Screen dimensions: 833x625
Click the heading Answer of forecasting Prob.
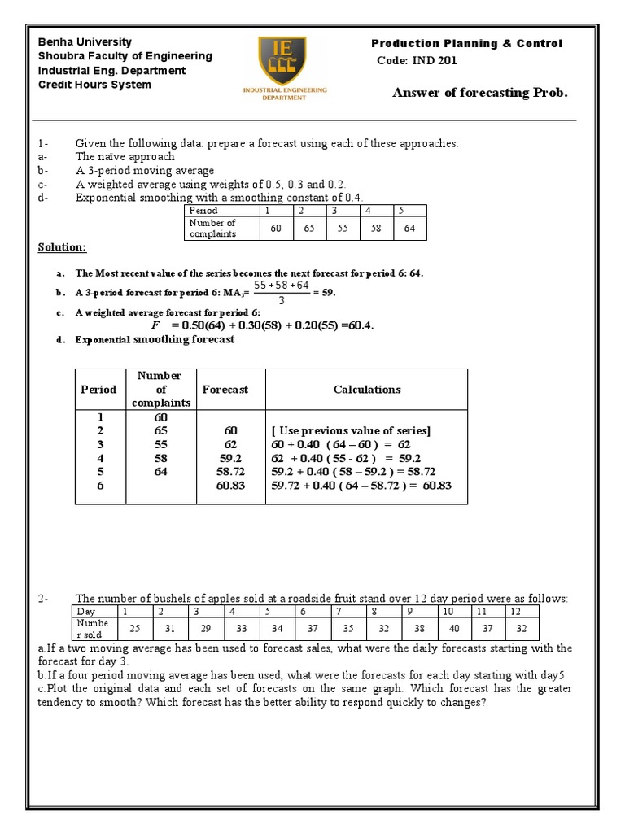pyautogui.click(x=479, y=93)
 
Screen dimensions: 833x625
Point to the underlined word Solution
pyautogui.click(x=62, y=247)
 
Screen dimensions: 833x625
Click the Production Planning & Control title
pyautogui.click(x=466, y=43)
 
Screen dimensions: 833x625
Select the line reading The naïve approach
pyautogui.click(x=125, y=156)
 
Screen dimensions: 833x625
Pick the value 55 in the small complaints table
pyautogui.click(x=342, y=229)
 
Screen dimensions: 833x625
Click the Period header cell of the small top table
pyautogui.click(x=203, y=210)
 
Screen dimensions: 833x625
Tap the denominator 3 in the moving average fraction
pyautogui.click(x=281, y=300)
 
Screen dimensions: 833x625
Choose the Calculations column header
pyautogui.click(x=367, y=390)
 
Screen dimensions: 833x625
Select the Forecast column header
pyautogui.click(x=225, y=390)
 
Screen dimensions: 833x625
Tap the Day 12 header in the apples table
pyautogui.click(x=515, y=610)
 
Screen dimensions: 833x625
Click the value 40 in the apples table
pyautogui.click(x=453, y=628)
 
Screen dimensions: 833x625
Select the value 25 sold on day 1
pyautogui.click(x=135, y=628)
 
